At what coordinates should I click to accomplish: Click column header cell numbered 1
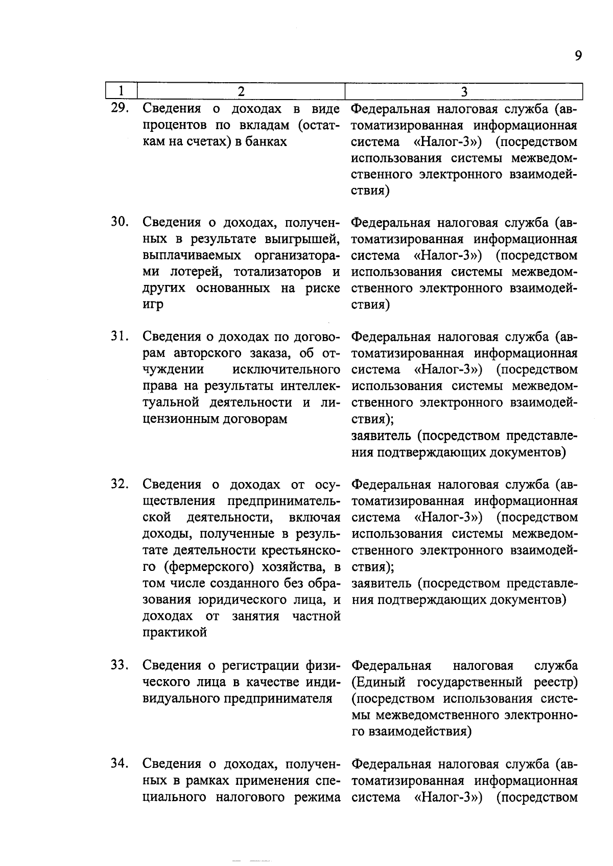pyautogui.click(x=121, y=91)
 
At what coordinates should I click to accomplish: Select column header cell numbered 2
pyautogui.click(x=241, y=91)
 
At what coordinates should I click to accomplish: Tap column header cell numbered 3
pyautogui.click(x=463, y=91)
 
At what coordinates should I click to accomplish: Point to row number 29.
pyautogui.click(x=121, y=108)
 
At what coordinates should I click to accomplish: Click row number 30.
pyautogui.click(x=121, y=222)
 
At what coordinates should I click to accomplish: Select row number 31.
pyautogui.click(x=121, y=336)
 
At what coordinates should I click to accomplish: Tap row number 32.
pyautogui.click(x=121, y=484)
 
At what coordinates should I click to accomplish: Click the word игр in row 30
pyautogui.click(x=153, y=305)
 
